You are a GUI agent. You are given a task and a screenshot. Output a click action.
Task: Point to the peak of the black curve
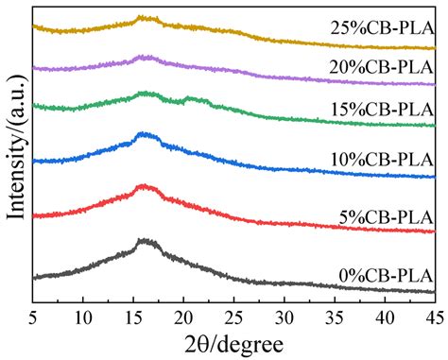click(x=145, y=242)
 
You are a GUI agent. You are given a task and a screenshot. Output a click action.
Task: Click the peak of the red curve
click(x=144, y=186)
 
